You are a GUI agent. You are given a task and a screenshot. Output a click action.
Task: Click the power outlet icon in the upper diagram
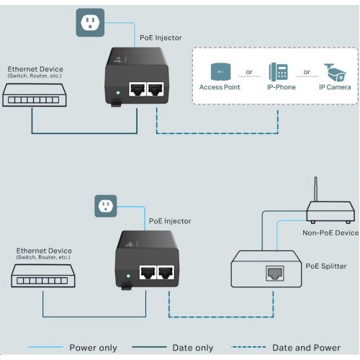[x=90, y=22]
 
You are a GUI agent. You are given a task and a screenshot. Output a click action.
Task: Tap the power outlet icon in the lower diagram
[x=106, y=206]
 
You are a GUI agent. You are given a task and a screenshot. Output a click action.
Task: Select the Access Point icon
[x=220, y=71]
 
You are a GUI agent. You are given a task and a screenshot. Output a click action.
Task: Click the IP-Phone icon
[x=279, y=72]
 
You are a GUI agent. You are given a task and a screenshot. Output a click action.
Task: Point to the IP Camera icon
[x=335, y=73]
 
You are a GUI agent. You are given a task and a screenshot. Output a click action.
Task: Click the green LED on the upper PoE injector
[x=118, y=93]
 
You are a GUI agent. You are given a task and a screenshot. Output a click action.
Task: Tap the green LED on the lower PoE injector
[x=128, y=276]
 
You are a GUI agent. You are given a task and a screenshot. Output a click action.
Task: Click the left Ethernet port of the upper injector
[x=138, y=89]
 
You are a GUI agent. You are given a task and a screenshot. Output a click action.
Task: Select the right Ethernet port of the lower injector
[x=166, y=272]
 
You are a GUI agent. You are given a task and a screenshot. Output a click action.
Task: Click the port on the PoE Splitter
[x=275, y=273]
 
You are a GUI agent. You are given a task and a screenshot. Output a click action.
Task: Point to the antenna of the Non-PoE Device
[x=315, y=189]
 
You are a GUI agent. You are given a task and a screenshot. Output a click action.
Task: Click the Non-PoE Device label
[x=330, y=233]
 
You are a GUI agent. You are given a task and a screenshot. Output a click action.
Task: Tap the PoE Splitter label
[x=326, y=266]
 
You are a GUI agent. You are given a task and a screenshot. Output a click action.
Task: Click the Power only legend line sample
[x=46, y=347]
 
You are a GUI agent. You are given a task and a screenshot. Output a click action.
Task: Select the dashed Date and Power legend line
[x=248, y=347]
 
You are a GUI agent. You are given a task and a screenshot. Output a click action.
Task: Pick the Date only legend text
[x=193, y=348]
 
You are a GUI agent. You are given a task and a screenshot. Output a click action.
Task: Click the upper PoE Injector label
[x=161, y=37]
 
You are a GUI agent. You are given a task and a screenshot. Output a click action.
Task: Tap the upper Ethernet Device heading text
[x=35, y=69]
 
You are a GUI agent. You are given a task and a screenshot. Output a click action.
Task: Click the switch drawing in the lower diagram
[x=43, y=276]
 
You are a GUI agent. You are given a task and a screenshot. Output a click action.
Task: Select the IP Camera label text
[x=335, y=87]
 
